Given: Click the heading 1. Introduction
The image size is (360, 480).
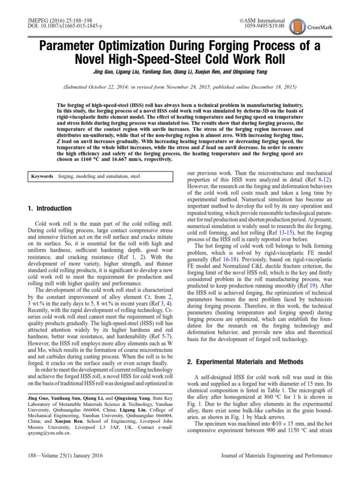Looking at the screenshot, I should [49, 208].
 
